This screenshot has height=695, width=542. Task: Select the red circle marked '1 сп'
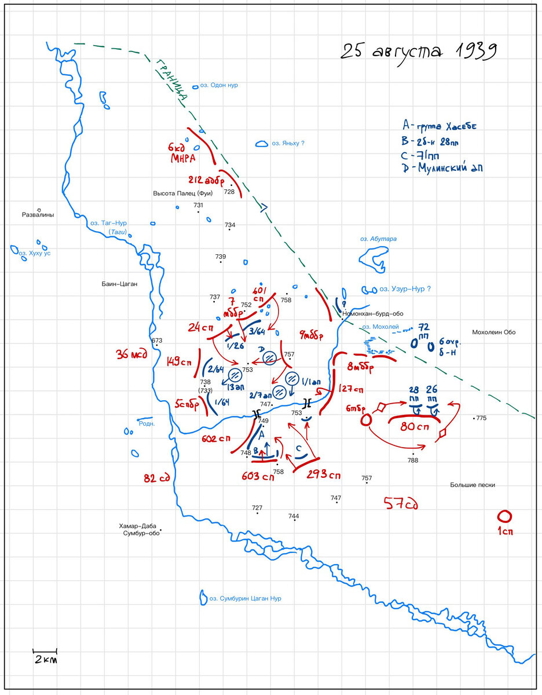tap(504, 516)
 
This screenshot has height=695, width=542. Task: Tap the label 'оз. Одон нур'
tap(219, 85)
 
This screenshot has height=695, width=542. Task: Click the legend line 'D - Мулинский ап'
tap(443, 168)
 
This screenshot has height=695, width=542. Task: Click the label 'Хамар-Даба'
tap(138, 525)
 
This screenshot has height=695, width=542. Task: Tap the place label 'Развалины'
tap(38, 215)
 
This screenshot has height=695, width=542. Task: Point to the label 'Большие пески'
tap(473, 485)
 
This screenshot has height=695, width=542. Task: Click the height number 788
tap(412, 460)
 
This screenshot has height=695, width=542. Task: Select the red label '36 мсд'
tap(131, 354)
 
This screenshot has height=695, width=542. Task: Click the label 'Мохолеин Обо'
tap(493, 332)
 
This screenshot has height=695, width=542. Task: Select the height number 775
tap(481, 418)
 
